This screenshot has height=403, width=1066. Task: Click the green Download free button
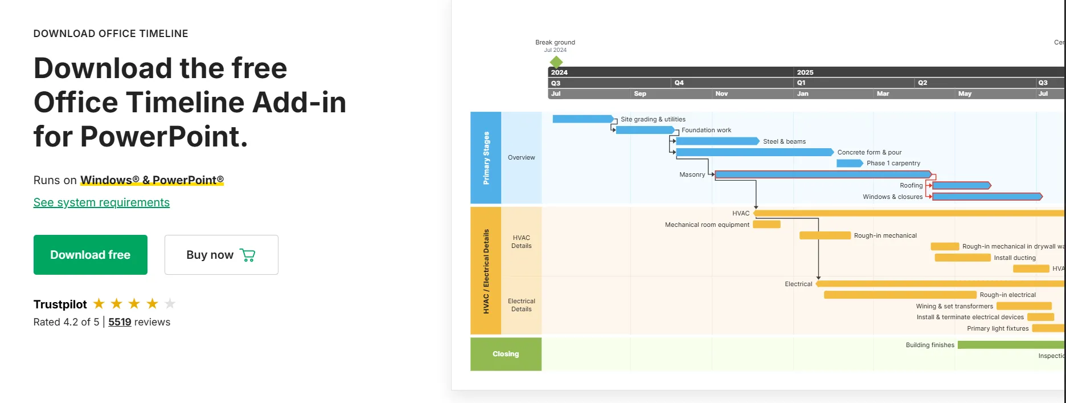click(x=90, y=255)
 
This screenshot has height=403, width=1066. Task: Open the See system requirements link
click(x=101, y=202)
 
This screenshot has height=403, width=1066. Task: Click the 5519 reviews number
click(x=120, y=322)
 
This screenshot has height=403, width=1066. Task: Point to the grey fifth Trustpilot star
click(x=170, y=304)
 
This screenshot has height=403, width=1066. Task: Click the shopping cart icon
click(x=248, y=255)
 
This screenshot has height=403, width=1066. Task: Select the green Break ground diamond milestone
click(x=556, y=62)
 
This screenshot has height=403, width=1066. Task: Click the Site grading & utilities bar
click(x=583, y=119)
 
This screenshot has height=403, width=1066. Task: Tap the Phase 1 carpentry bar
click(x=849, y=164)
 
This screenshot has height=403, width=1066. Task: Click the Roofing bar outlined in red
click(x=961, y=186)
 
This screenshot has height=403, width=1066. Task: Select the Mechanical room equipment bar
click(x=766, y=225)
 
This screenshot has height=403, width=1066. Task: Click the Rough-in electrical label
click(x=1007, y=295)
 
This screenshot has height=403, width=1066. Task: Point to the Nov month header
click(x=721, y=93)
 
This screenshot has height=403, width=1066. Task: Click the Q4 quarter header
click(x=679, y=83)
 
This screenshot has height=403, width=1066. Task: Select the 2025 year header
click(x=805, y=72)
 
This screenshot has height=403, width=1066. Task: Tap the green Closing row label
click(x=506, y=354)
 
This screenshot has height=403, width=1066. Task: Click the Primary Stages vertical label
click(x=486, y=158)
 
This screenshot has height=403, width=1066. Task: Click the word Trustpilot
click(x=60, y=304)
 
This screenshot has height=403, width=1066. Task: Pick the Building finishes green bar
click(x=1010, y=345)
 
